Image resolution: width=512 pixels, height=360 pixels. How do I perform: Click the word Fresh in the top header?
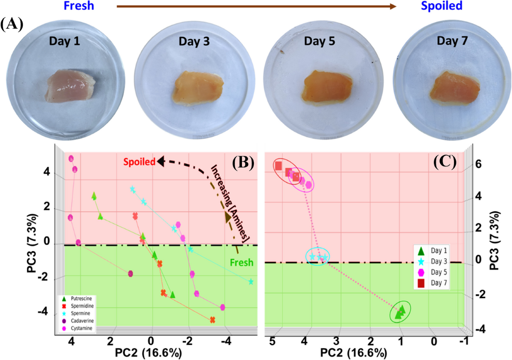[x=79, y=6]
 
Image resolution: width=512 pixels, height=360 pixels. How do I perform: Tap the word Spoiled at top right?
[x=442, y=6]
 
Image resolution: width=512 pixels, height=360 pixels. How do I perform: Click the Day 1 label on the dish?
[x=64, y=41]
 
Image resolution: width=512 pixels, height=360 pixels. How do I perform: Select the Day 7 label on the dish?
[x=452, y=41]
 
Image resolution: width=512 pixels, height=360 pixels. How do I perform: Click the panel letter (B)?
[x=243, y=163]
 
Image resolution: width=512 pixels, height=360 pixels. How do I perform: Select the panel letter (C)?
[x=445, y=162]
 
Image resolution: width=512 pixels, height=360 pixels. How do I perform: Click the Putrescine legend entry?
[x=78, y=299]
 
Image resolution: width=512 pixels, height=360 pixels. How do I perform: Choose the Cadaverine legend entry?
[x=78, y=321]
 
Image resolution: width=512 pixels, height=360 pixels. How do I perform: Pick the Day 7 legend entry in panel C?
[x=431, y=283]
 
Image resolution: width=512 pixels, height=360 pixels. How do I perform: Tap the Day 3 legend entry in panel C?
[x=431, y=261]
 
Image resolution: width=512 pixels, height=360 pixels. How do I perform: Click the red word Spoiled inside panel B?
[x=140, y=162]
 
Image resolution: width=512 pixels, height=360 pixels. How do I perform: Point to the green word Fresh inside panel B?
[x=241, y=263]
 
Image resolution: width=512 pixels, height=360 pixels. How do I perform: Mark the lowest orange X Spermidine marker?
[x=212, y=320]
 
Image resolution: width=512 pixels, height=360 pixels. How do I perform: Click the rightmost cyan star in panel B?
[x=251, y=281]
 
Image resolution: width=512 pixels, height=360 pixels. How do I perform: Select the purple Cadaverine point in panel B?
[x=130, y=274]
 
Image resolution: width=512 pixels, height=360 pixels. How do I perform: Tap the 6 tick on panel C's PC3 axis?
[x=478, y=164]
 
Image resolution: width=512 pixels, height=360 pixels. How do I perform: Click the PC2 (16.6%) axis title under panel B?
[x=148, y=353]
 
